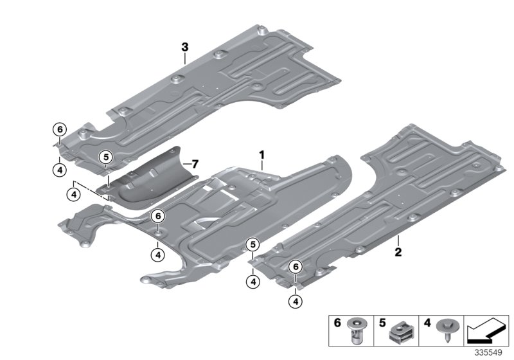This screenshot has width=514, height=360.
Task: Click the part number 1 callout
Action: tap(262, 155)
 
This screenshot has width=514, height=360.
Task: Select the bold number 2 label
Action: tap(398, 251)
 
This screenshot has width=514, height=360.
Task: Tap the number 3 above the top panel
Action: tap(184, 47)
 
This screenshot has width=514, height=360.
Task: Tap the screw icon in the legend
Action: tap(442, 331)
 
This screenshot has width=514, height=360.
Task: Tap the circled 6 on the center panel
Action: tap(157, 217)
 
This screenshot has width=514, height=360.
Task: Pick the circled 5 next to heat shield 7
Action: tap(105, 156)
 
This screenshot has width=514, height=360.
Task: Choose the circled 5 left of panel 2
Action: tap(253, 244)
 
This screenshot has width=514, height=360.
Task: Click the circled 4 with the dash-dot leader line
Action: tap(75, 192)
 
